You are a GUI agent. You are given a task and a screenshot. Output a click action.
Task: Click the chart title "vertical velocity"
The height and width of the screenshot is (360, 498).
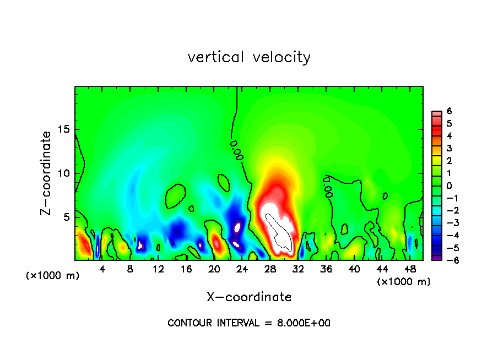click(249, 57)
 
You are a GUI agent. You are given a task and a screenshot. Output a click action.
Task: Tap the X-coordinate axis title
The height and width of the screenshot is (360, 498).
click(249, 297)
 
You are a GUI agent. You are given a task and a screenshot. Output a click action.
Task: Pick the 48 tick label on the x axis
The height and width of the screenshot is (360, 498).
click(409, 269)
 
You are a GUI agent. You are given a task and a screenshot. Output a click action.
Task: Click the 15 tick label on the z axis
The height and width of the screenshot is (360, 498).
click(63, 129)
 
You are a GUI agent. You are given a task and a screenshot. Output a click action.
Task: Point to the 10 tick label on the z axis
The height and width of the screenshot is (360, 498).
click(63, 173)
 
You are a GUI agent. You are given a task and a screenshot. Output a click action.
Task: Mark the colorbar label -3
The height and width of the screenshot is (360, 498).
click(447, 223)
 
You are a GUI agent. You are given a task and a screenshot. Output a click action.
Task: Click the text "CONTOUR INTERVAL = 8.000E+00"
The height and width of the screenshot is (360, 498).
click(249, 323)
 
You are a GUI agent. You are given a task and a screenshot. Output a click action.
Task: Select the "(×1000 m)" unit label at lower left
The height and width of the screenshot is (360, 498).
click(53, 276)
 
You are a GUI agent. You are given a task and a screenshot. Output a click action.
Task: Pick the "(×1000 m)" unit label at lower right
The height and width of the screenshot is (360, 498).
click(404, 281)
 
